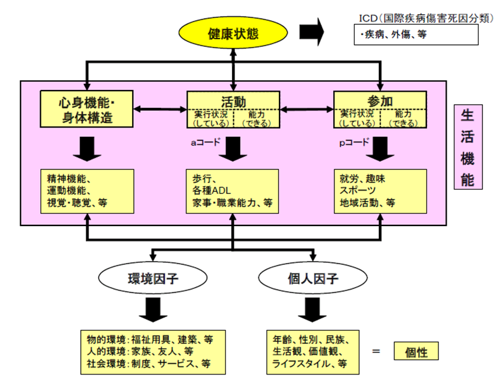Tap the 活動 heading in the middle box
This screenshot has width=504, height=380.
(233, 100)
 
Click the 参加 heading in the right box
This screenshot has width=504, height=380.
(380, 100)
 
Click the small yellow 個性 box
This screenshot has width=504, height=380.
(416, 351)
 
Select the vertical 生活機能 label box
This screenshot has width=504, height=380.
(468, 147)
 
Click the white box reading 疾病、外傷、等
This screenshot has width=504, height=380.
(416, 35)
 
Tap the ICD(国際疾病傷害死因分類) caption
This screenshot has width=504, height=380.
(425, 18)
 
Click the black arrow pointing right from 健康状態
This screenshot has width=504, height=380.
(312, 33)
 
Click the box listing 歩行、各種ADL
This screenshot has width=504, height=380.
(233, 190)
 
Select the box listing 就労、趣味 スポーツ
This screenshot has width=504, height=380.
(380, 190)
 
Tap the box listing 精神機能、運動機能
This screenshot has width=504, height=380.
(86, 190)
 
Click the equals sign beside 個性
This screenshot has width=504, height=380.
(374, 352)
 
